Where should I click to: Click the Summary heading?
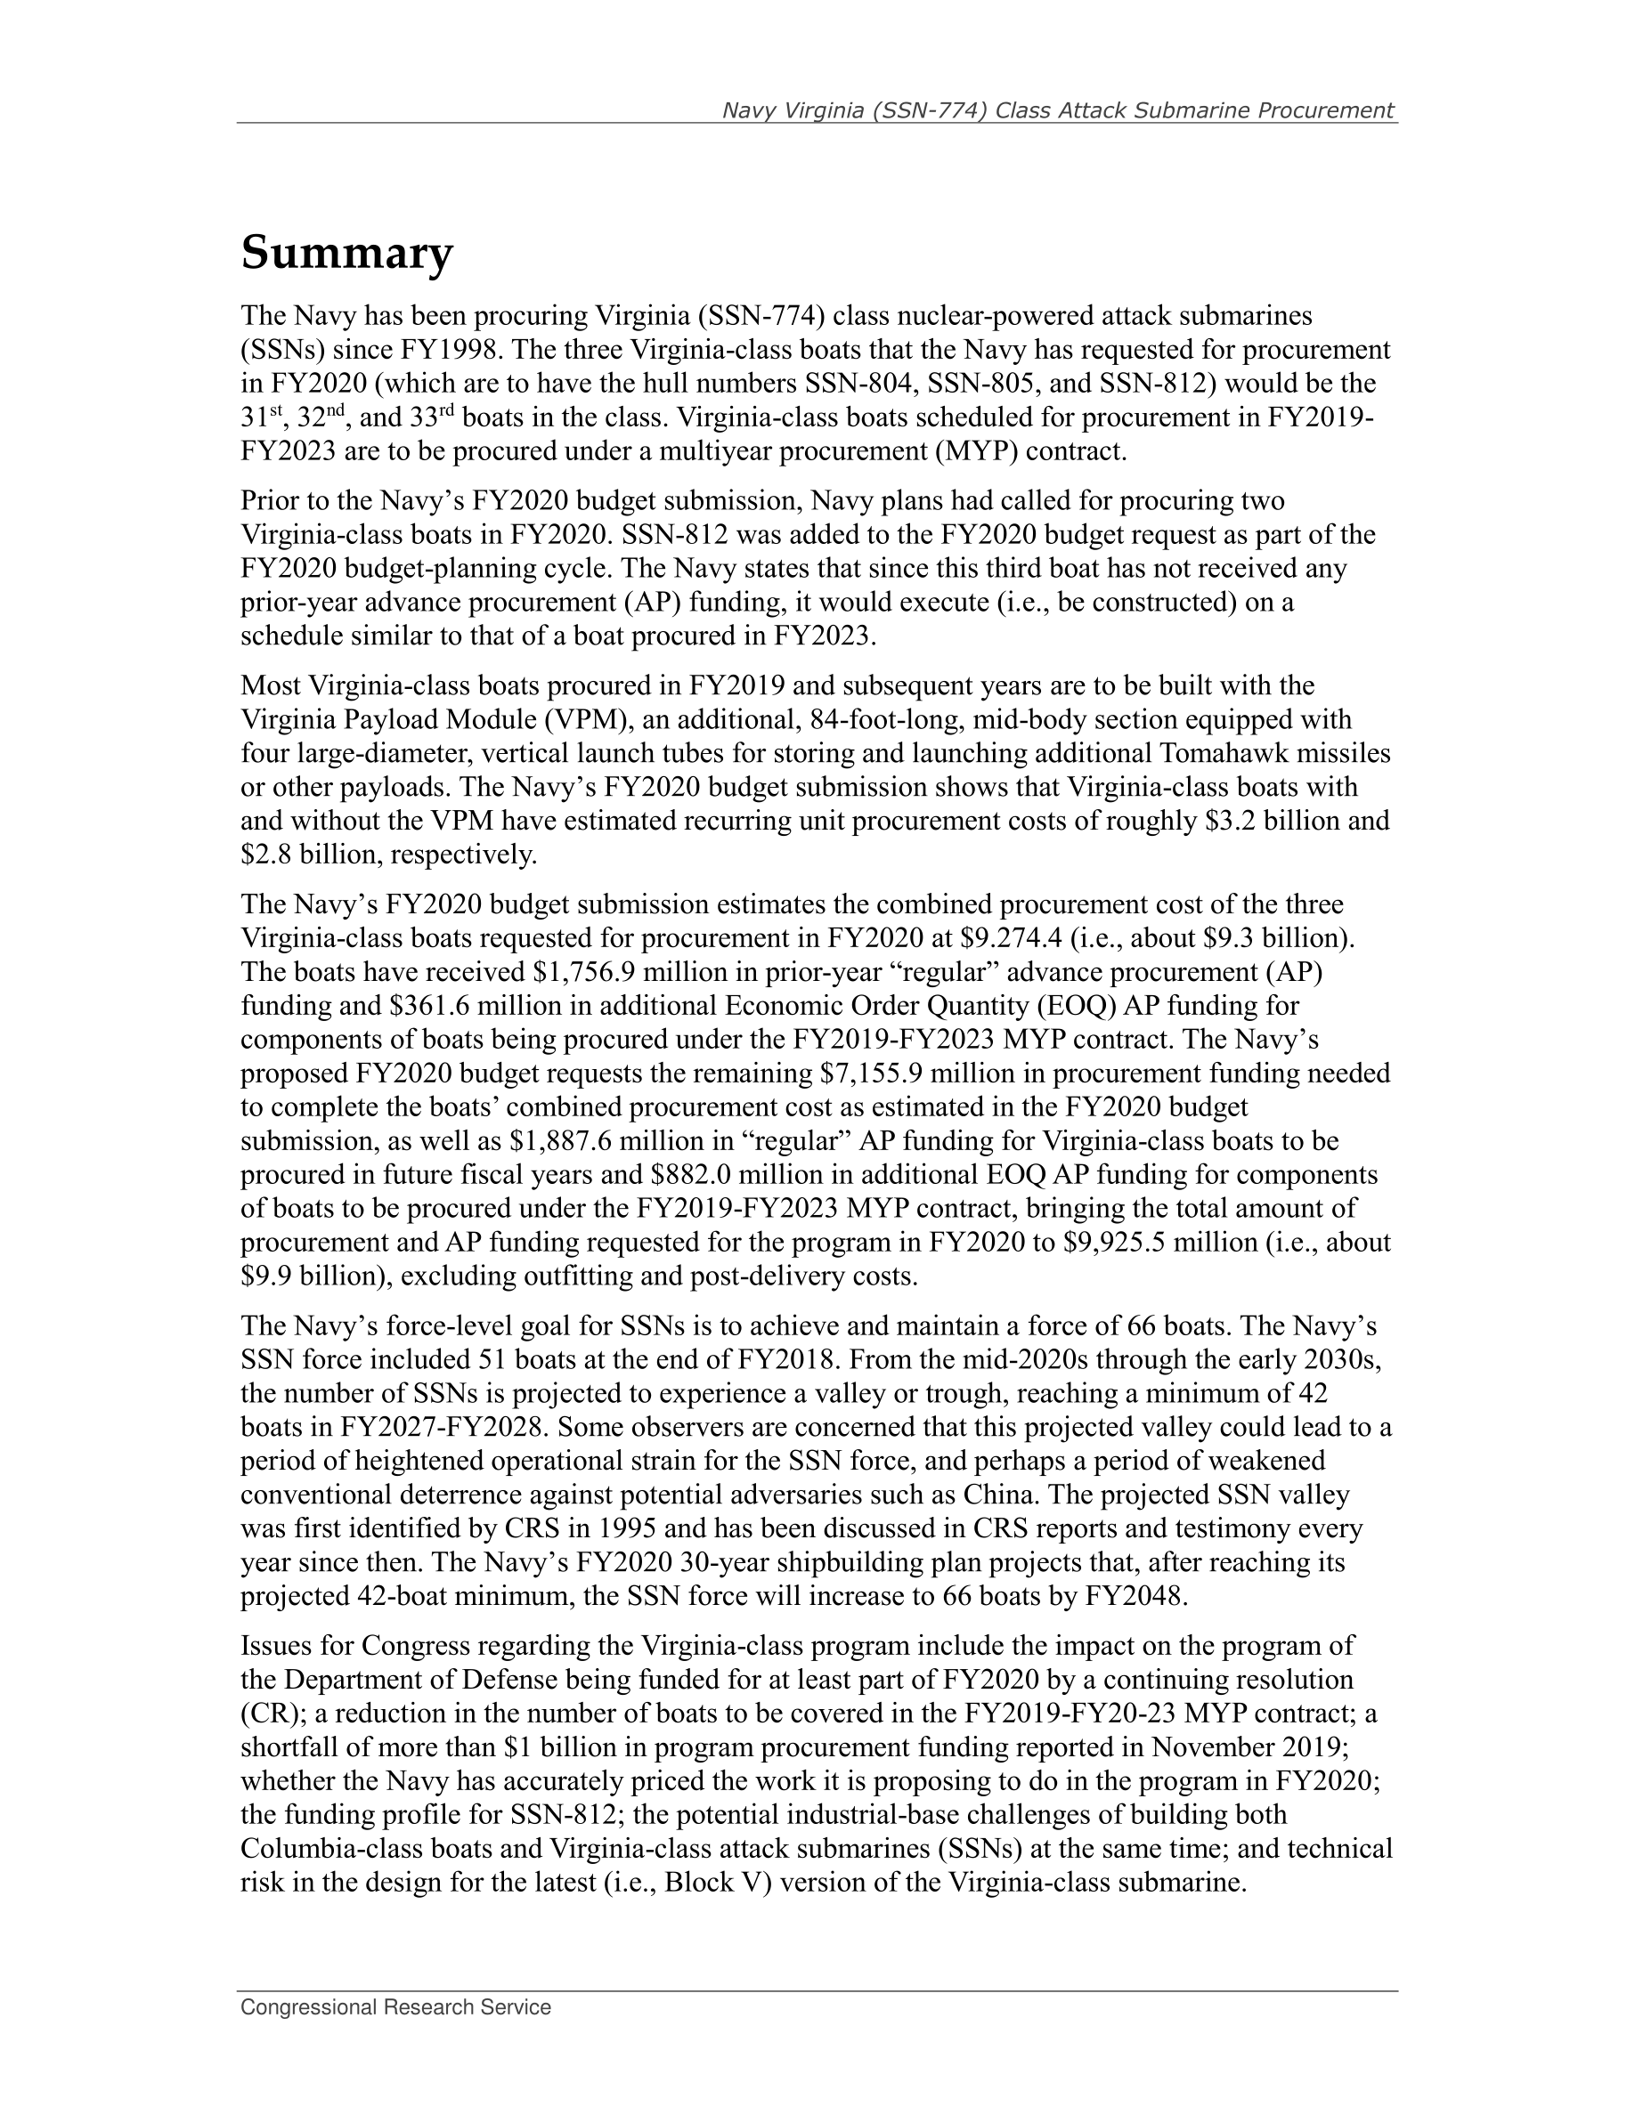tap(346, 254)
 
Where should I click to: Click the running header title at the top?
tap(1058, 110)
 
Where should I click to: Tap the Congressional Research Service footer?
tap(395, 2007)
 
